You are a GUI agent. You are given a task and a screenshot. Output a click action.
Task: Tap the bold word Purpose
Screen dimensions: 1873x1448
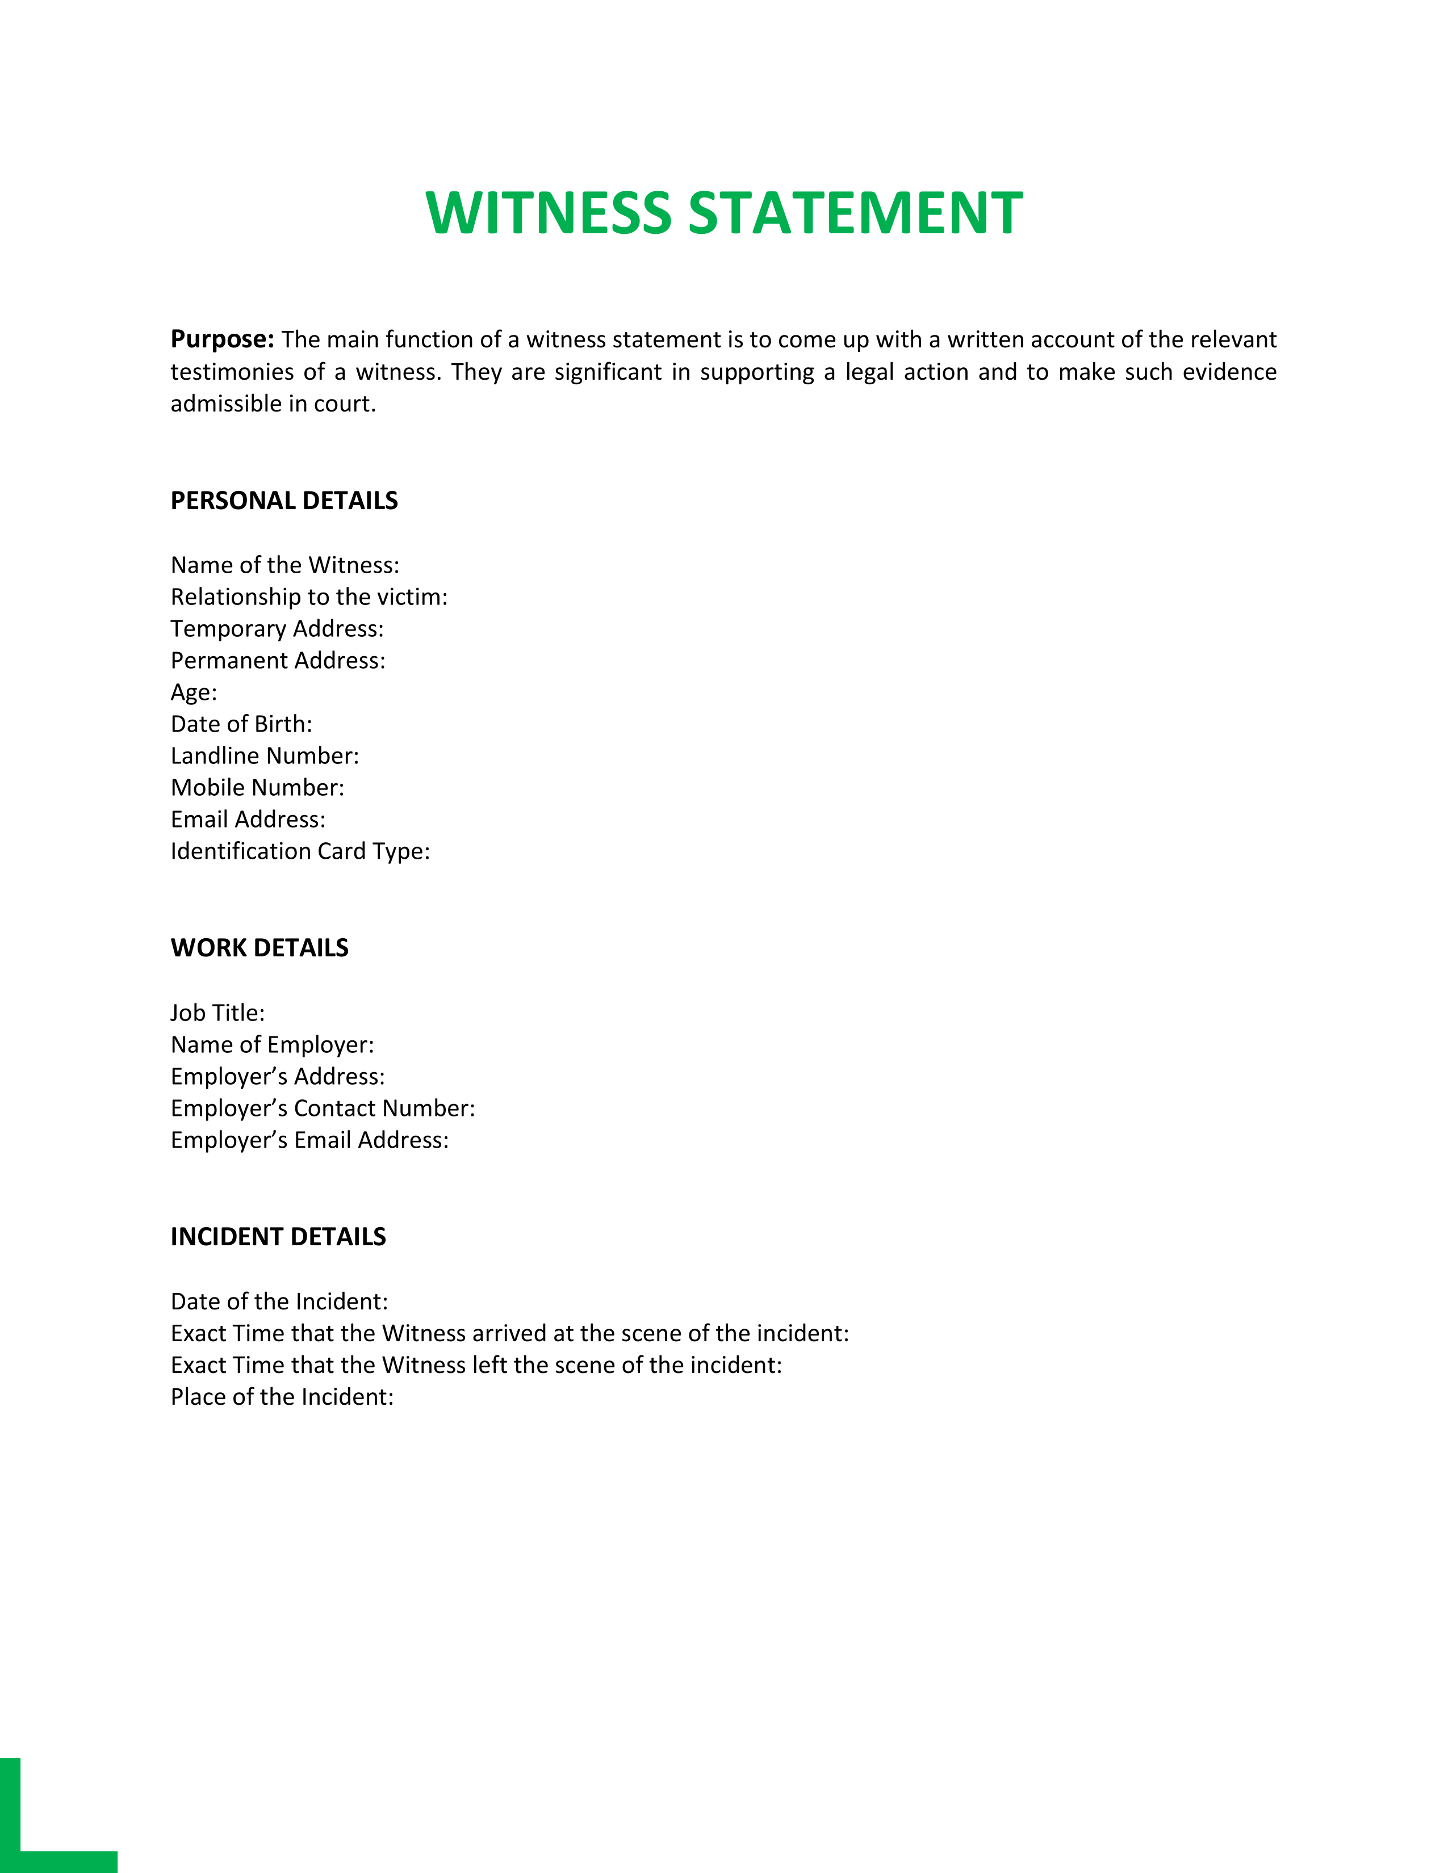tap(222, 339)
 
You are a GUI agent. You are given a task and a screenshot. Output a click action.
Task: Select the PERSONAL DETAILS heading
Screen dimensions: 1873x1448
tap(284, 501)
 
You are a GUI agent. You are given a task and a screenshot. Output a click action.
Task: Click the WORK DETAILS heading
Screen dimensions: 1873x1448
tap(259, 948)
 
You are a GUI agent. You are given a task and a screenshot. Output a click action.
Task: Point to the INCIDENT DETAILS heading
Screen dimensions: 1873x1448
tap(278, 1237)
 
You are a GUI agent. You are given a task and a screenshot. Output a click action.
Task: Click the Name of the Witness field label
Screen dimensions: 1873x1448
tap(285, 565)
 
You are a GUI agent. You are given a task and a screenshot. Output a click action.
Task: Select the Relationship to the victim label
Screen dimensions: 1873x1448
tap(309, 597)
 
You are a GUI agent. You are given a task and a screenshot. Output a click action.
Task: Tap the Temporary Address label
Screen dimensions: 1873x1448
tap(277, 629)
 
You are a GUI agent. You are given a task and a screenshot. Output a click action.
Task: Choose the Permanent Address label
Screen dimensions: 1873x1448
tap(278, 660)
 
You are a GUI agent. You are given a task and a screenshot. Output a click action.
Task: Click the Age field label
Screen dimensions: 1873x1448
tap(194, 692)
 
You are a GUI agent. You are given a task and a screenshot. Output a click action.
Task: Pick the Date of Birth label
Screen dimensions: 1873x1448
tap(241, 724)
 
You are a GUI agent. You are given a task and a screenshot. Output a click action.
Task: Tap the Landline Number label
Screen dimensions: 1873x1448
tap(264, 755)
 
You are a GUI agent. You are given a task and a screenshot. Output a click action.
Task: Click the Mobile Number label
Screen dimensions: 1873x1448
tap(257, 787)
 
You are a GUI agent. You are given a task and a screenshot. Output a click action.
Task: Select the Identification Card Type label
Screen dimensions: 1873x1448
tap(300, 851)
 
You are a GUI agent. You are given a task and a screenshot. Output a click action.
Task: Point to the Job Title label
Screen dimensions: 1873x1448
tap(217, 1013)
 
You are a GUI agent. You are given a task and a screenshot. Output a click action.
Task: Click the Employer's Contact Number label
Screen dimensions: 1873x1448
tap(323, 1108)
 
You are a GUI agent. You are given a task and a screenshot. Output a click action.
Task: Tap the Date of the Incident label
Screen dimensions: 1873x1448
tap(279, 1302)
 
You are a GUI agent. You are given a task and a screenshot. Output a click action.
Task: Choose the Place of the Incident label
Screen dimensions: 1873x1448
tap(281, 1397)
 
